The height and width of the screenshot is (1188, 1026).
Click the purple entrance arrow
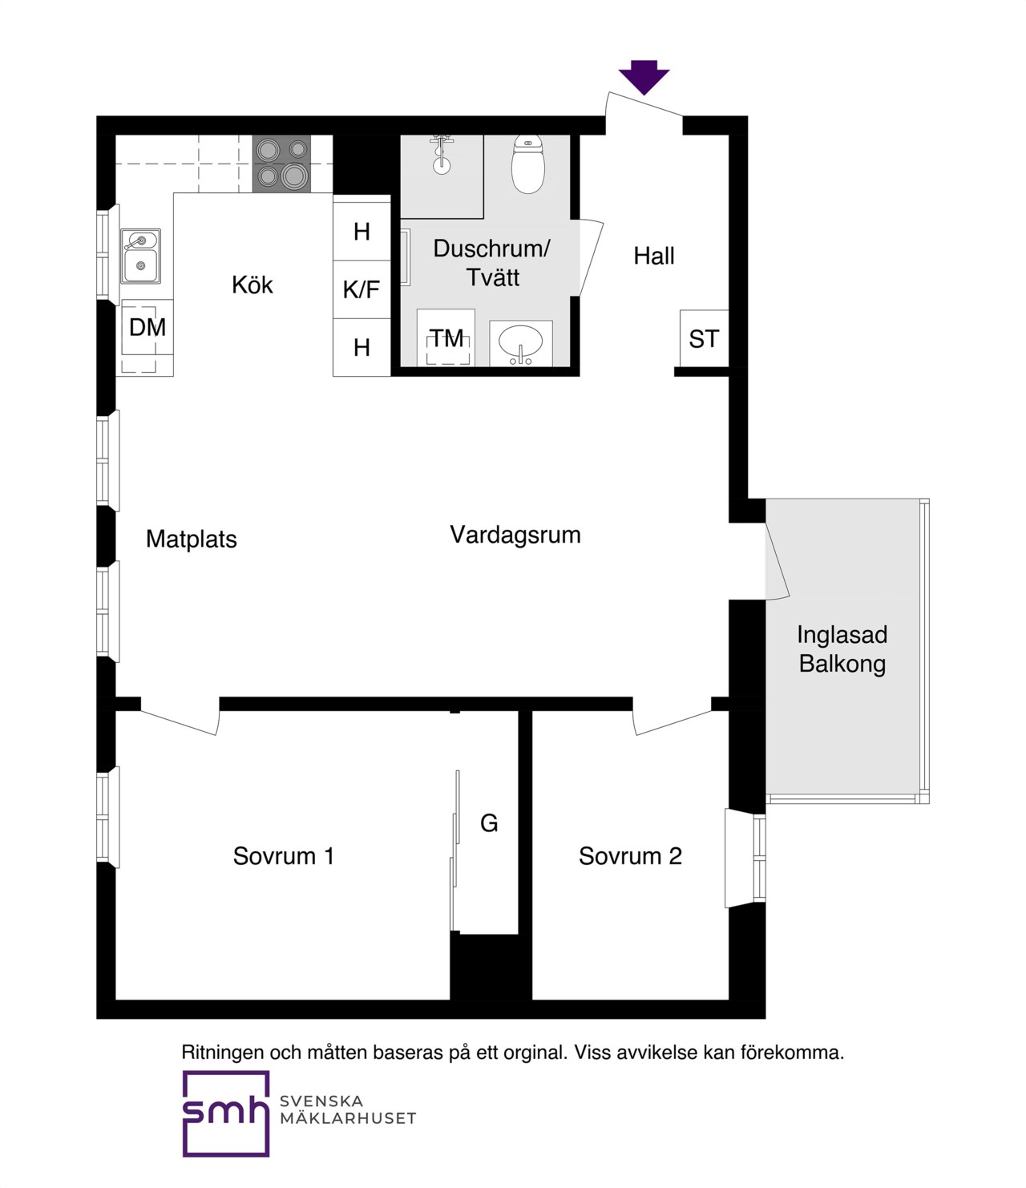(x=644, y=77)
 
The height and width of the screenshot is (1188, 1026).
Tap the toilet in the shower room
(x=528, y=164)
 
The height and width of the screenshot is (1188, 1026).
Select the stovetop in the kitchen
(x=281, y=164)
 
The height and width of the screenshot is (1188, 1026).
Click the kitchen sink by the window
(x=140, y=257)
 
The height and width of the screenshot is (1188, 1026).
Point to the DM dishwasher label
(x=147, y=328)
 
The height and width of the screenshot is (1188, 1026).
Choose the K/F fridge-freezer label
(x=362, y=289)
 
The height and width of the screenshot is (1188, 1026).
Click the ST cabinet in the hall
(x=704, y=338)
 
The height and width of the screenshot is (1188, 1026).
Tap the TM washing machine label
(x=447, y=338)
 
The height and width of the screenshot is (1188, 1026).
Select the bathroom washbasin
(x=520, y=343)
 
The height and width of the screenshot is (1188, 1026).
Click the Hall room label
(x=654, y=256)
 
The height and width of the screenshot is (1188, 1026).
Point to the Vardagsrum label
(x=515, y=535)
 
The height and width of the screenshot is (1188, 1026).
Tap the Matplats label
(x=192, y=539)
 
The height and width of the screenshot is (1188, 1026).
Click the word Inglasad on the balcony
(x=842, y=635)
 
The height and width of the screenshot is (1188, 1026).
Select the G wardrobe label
(x=489, y=823)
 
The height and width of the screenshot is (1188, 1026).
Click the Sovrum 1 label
(x=284, y=856)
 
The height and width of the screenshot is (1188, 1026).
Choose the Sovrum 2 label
(x=630, y=856)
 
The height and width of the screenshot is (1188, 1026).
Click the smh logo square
(x=226, y=1113)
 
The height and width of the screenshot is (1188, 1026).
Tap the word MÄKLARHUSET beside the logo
(x=348, y=1118)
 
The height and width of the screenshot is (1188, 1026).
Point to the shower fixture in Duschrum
(x=442, y=153)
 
